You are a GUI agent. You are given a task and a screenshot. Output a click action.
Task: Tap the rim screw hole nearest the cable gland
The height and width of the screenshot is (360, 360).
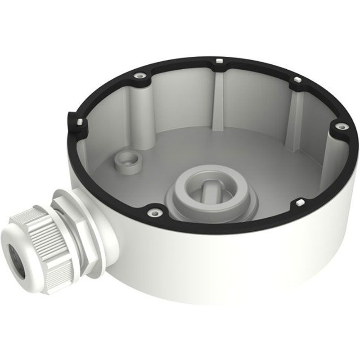155,210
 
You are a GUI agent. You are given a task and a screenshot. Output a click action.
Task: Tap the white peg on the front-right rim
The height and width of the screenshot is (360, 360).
298,204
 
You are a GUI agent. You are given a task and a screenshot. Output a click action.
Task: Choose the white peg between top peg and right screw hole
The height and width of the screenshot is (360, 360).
297,80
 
